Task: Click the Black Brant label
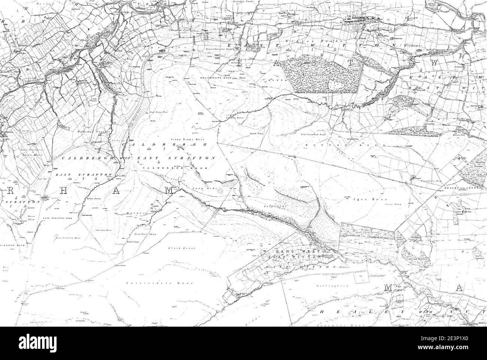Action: (177, 248)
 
